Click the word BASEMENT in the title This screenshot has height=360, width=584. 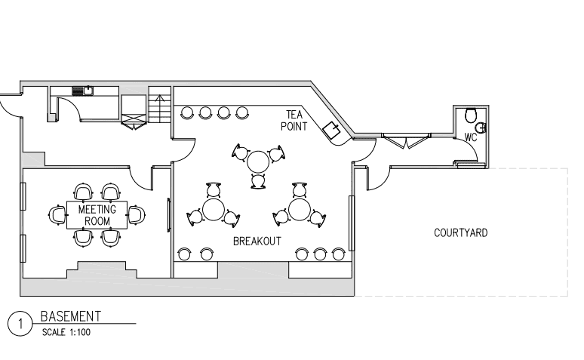70,316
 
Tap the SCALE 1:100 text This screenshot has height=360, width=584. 66,332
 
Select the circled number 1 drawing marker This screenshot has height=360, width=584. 20,324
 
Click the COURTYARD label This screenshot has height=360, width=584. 461,233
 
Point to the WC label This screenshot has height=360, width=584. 471,137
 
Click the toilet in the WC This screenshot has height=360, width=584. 471,115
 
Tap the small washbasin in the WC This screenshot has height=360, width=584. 482,128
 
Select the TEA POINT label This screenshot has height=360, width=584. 294,120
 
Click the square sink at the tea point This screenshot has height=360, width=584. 332,130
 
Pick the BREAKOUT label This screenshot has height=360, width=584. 257,242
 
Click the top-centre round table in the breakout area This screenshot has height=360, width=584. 258,162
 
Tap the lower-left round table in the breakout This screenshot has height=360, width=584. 214,210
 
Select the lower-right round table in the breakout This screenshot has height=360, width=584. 299,210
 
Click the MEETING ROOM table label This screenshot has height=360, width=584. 97,215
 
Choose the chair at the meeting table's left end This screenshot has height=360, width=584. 57,215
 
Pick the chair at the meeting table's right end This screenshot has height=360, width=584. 137,215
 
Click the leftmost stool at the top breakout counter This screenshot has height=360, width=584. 187,112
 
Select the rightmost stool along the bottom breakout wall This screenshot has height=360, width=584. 338,254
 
